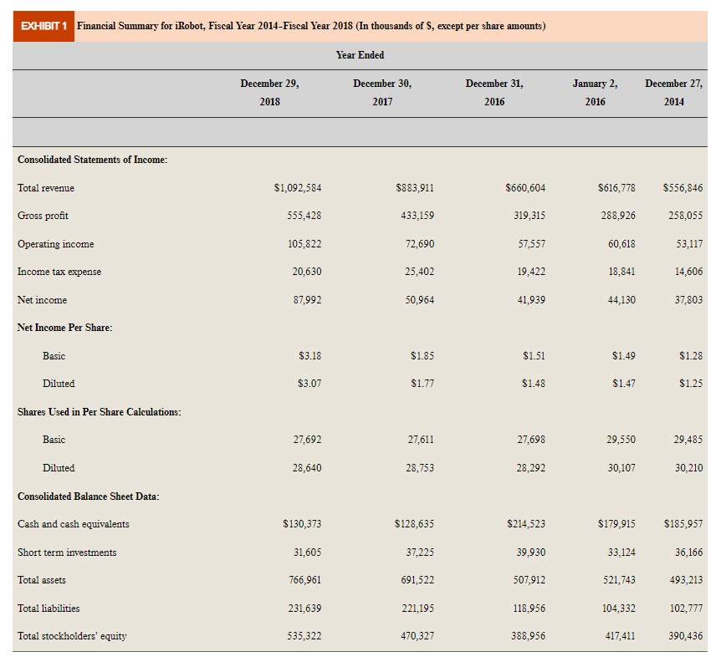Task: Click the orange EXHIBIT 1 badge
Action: [44, 26]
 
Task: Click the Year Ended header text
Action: [360, 55]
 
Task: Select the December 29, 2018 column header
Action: [269, 92]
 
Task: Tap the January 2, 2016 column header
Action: [595, 92]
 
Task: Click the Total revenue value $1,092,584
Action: [298, 188]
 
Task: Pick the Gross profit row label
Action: [43, 216]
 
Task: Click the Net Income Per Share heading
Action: [65, 328]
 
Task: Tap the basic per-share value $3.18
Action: [309, 356]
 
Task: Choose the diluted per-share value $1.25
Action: [690, 384]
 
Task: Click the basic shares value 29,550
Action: [620, 440]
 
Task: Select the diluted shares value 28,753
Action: [419, 468]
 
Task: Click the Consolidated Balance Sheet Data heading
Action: [89, 496]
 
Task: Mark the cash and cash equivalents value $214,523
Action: [526, 524]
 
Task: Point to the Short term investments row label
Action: [67, 552]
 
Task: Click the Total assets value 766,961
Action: [303, 580]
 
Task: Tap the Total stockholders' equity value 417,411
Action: [617, 636]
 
